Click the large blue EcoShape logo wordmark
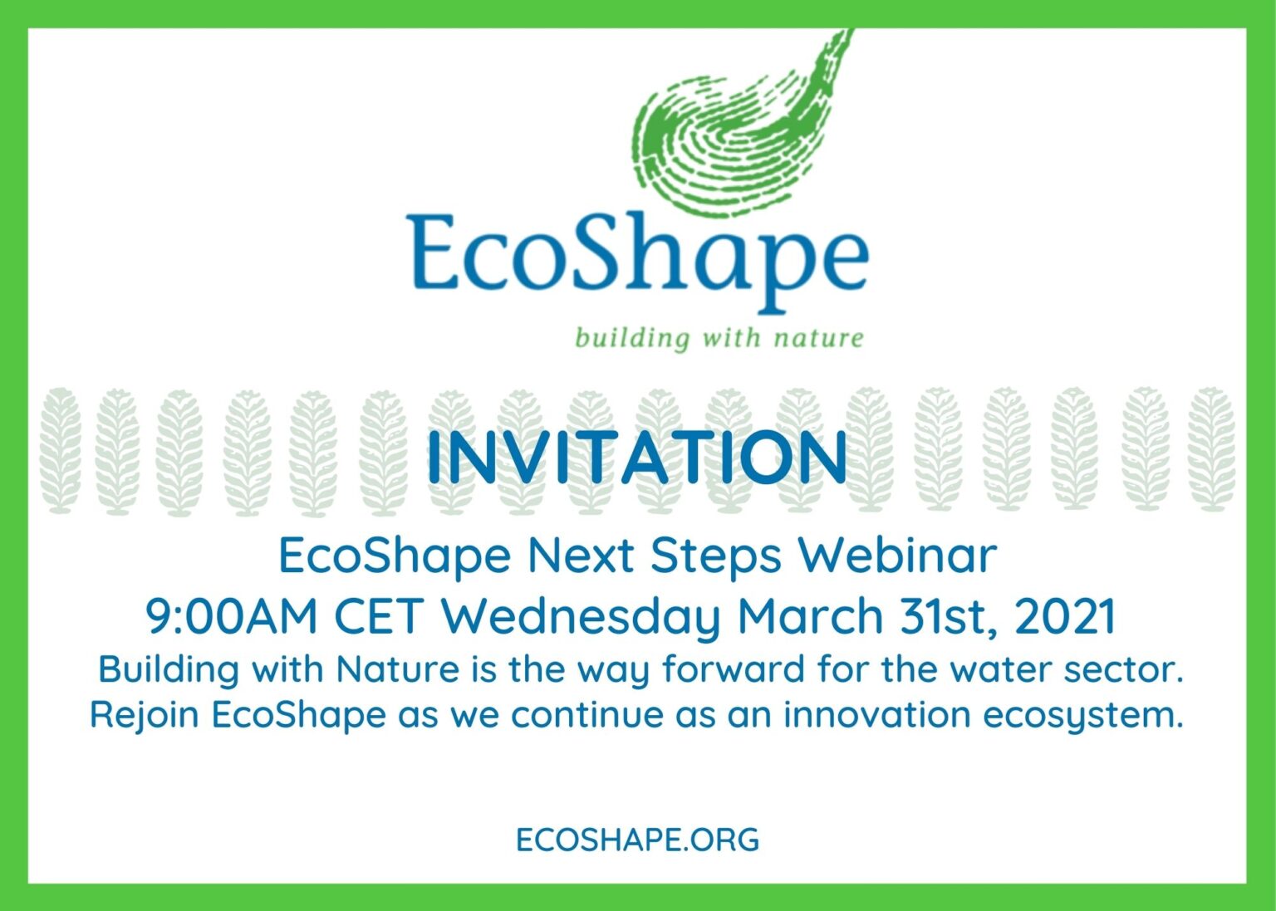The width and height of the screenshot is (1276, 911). tap(637, 262)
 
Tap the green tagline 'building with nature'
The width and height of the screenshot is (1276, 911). tap(719, 338)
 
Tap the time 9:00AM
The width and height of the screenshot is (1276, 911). tap(231, 617)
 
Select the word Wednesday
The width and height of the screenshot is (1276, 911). tap(582, 619)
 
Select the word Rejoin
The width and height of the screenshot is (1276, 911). tap(145, 715)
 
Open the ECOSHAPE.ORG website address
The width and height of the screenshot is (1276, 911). tap(637, 840)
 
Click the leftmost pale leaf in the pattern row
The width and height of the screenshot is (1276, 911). tap(60, 451)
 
